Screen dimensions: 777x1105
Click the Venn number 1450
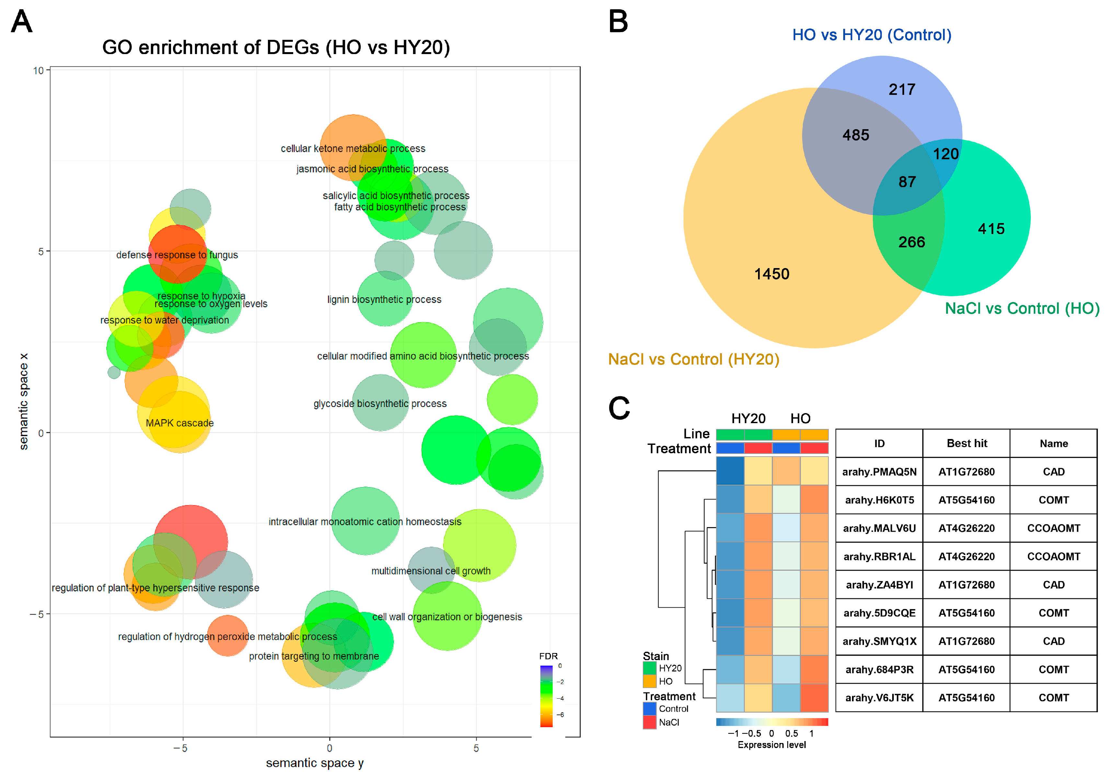[x=771, y=274]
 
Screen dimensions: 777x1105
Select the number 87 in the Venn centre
[x=907, y=182]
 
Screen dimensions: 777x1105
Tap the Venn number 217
[x=902, y=89]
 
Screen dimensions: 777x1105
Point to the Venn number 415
[x=991, y=229]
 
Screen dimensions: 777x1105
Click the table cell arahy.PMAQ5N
[x=879, y=471]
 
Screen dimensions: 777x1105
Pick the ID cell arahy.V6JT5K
[x=879, y=698]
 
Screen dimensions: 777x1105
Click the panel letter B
[x=618, y=22]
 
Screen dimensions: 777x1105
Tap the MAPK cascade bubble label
[x=179, y=423]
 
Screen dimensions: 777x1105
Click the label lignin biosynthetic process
[x=384, y=299]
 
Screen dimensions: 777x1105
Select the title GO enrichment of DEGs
[x=276, y=47]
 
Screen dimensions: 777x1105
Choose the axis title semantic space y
[x=315, y=762]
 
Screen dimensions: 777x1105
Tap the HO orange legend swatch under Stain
[x=649, y=681]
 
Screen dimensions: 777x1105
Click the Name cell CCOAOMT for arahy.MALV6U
[x=1053, y=528]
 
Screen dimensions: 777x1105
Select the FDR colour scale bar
[x=546, y=696]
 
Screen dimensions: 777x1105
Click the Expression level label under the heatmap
[x=771, y=745]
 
